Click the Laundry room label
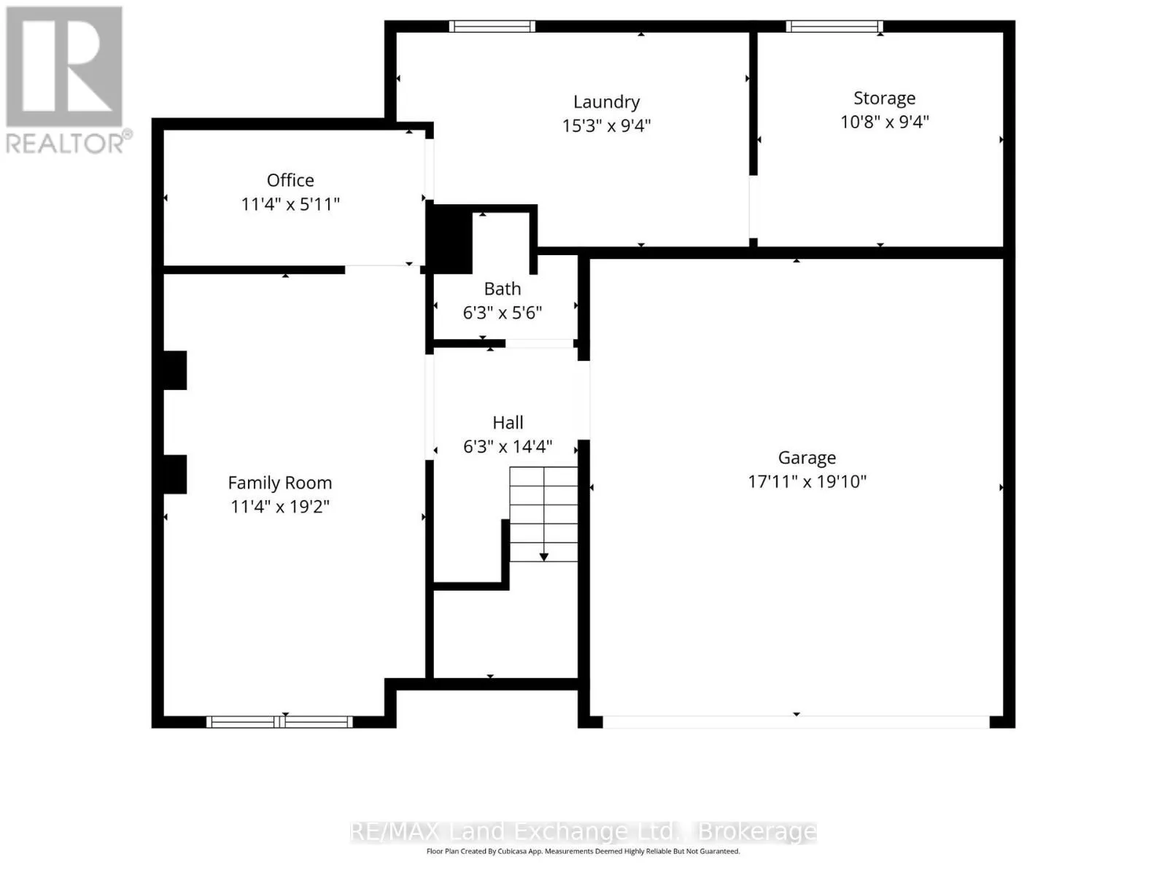pos(606,101)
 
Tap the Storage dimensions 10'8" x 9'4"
pos(884,122)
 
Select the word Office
pos(290,180)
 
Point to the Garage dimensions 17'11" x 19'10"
pos(807,481)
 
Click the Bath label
pos(503,289)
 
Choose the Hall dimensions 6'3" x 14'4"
pos(508,446)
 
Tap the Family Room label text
pos(280,483)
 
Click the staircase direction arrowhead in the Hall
pos(544,557)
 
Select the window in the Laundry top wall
pos(492,26)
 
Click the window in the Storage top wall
pos(834,26)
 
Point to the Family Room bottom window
pos(279,721)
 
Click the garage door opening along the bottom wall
pos(796,721)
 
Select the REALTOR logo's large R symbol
pos(64,66)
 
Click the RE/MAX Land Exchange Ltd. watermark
pos(583,831)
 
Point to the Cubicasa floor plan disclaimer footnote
pos(583,851)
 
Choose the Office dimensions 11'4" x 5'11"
pos(290,204)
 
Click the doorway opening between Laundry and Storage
pos(753,206)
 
